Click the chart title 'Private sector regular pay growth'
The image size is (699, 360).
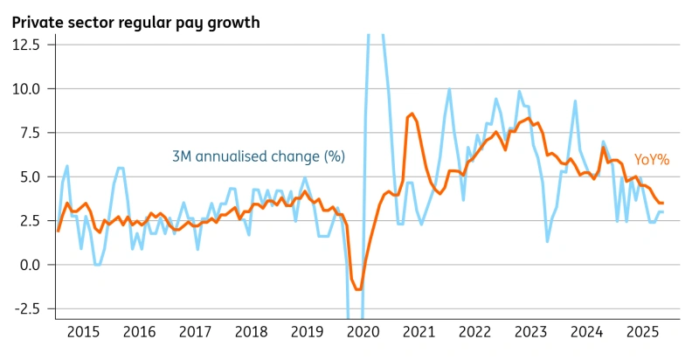135,22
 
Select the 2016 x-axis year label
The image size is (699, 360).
141,331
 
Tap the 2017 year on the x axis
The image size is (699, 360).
196,331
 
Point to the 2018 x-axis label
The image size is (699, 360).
252,331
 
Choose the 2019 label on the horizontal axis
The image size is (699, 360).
308,331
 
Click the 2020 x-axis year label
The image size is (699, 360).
363,331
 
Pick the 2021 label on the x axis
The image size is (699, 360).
419,331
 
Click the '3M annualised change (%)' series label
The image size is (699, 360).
258,156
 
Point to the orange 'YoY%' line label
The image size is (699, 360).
651,160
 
